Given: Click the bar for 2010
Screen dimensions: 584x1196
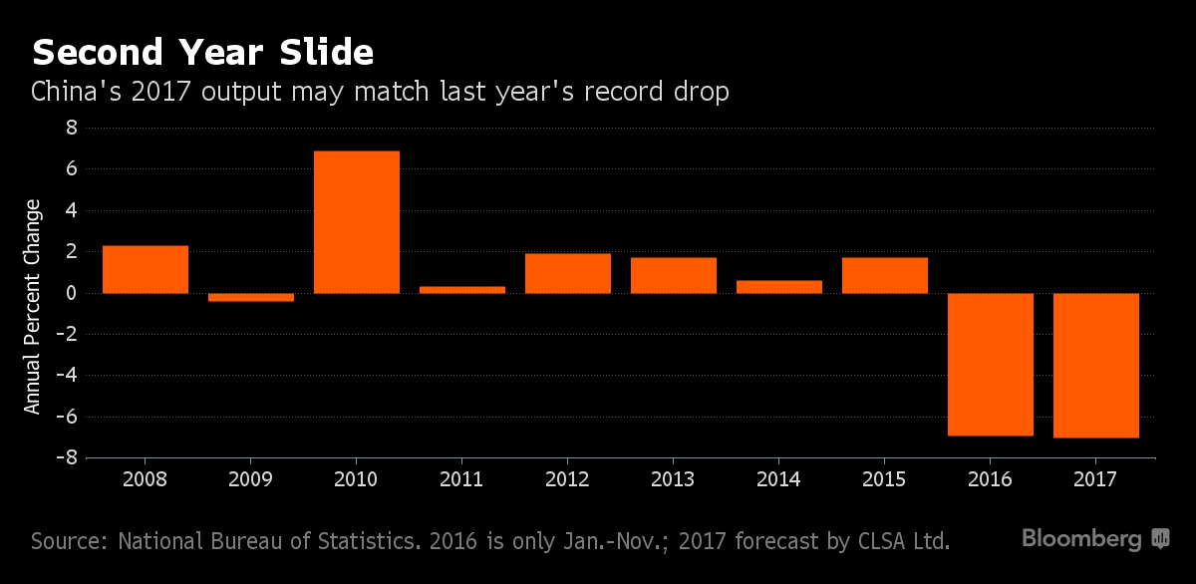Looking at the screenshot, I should (357, 222).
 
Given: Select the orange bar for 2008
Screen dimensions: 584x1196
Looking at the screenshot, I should (146, 269).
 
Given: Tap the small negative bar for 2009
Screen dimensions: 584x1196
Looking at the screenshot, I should (251, 297).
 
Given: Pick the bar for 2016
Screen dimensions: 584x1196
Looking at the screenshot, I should (991, 364).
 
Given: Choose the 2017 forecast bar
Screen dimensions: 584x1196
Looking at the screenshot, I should (1096, 365).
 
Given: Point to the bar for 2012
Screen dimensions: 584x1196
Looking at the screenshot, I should (568, 273).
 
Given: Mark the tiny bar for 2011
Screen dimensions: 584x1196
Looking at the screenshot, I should (462, 289).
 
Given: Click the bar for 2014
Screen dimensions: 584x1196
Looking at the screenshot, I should (779, 286).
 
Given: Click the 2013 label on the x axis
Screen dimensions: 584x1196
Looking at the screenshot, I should (674, 479).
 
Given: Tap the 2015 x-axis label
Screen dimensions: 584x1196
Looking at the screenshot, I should (885, 479).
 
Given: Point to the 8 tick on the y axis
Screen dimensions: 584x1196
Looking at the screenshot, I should (71, 129).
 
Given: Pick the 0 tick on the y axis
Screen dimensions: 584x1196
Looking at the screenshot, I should (71, 293).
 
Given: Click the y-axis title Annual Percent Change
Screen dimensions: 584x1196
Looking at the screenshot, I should (33, 307).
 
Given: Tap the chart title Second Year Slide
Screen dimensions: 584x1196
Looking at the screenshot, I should (202, 51).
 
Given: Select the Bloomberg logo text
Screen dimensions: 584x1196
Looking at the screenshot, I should (1081, 539).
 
